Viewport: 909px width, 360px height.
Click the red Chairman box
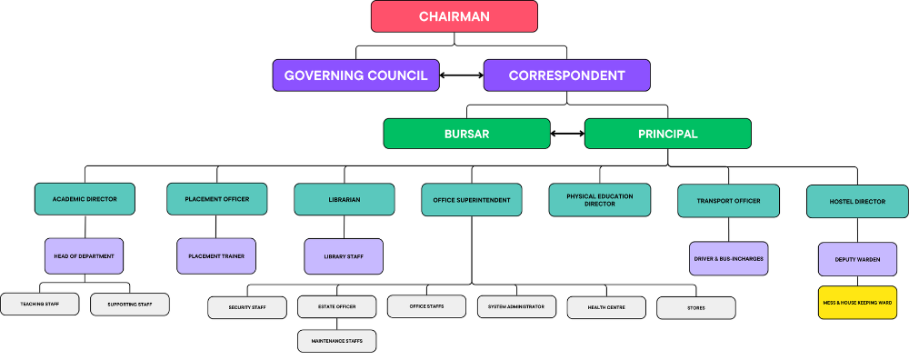(x=454, y=16)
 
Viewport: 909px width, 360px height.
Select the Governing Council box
(x=356, y=75)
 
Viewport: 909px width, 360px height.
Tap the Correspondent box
(x=567, y=75)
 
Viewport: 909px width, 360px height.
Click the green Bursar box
(x=466, y=134)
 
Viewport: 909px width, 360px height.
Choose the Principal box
(x=668, y=134)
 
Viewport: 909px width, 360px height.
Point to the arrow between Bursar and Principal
(x=567, y=134)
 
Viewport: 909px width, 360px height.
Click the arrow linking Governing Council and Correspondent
(x=462, y=75)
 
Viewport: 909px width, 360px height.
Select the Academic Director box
(x=85, y=199)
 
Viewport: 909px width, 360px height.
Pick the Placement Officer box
(x=217, y=199)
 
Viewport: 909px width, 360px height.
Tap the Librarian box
(x=345, y=199)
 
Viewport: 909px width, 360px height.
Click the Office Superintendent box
(x=471, y=200)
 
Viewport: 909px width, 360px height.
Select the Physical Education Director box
(x=599, y=200)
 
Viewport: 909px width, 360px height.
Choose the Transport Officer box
(x=728, y=201)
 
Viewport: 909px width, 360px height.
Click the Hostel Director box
(x=857, y=202)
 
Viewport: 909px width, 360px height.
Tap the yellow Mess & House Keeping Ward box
(x=857, y=303)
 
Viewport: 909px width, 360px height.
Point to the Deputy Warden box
(x=857, y=259)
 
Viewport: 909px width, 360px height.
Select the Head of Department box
(x=84, y=256)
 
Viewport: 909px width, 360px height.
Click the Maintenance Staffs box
(x=337, y=341)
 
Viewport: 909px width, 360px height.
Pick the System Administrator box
(x=516, y=306)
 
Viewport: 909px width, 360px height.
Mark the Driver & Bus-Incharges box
(x=729, y=258)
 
